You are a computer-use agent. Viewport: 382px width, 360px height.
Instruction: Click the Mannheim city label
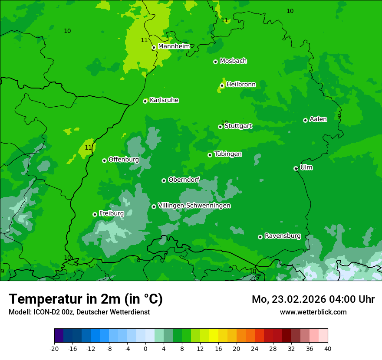click(174, 46)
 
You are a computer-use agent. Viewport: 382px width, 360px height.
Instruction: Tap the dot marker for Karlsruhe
click(145, 101)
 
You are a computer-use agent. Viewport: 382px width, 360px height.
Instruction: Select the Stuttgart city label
click(238, 126)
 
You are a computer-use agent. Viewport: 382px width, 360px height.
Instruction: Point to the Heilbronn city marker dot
click(222, 85)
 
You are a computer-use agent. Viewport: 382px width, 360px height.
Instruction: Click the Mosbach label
click(233, 61)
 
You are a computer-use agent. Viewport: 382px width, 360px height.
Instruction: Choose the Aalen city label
click(318, 119)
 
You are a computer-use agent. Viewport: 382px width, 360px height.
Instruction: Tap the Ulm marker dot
click(296, 168)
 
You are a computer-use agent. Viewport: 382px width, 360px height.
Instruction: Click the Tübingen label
click(228, 154)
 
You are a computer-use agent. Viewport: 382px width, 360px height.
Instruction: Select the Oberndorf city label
click(184, 180)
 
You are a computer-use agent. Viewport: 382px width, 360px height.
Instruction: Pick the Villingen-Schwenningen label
click(194, 206)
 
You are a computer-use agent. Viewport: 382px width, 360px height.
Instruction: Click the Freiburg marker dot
click(95, 214)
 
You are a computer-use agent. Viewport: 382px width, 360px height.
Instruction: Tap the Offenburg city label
click(124, 160)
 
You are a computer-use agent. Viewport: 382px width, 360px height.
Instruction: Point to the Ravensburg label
click(283, 236)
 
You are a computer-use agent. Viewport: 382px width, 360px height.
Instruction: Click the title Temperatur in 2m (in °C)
click(86, 299)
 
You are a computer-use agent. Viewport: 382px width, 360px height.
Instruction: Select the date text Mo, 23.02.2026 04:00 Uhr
click(313, 299)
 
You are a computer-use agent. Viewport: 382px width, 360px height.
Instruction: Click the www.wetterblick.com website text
click(313, 312)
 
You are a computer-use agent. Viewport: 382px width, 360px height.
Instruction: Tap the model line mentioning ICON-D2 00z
click(79, 312)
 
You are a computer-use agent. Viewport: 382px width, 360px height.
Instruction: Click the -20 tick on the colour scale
click(54, 348)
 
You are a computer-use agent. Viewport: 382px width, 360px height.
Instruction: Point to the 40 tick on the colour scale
click(328, 348)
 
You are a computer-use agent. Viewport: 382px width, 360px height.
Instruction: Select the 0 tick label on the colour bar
click(145, 348)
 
